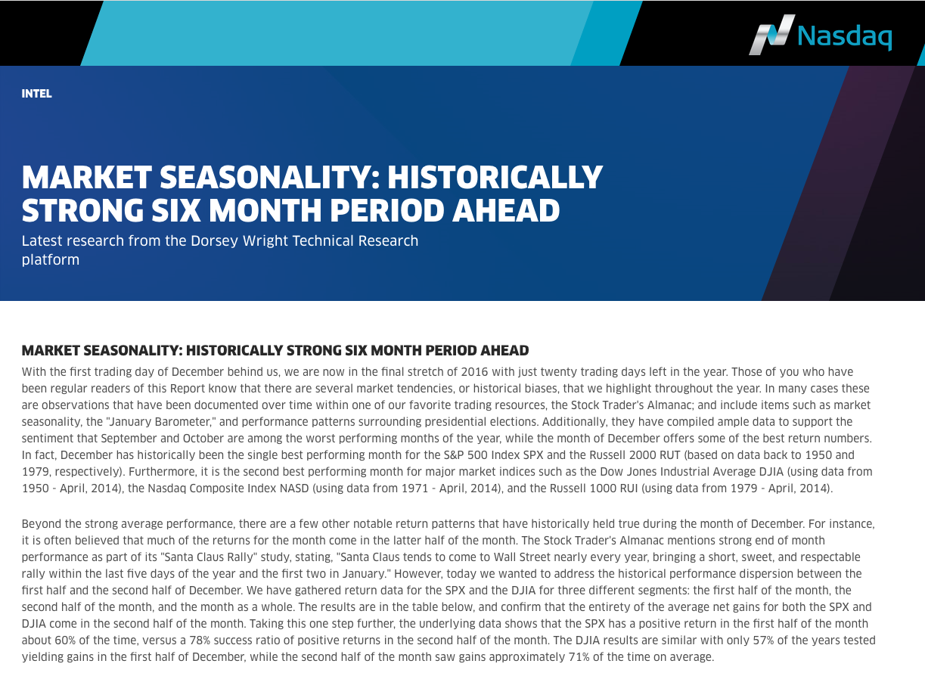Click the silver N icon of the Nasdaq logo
coord(771,35)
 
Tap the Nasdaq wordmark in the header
coord(845,37)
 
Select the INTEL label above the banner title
coord(37,94)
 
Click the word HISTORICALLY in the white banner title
coord(495,177)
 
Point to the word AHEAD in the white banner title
coord(506,210)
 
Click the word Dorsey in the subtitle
coord(215,240)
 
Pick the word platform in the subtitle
coord(51,260)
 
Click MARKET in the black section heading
coord(51,350)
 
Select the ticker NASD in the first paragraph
coord(294,488)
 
